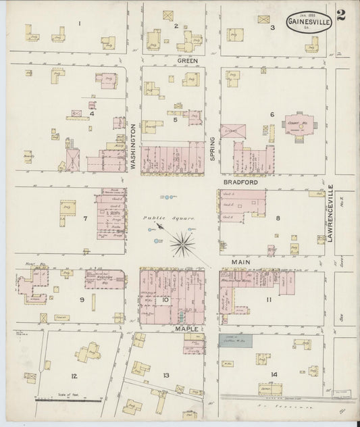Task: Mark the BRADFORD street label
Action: pyautogui.click(x=239, y=181)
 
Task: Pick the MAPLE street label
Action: pyautogui.click(x=186, y=329)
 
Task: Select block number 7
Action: pyautogui.click(x=85, y=219)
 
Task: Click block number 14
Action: pyautogui.click(x=274, y=374)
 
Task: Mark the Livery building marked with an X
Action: pyautogui.click(x=233, y=130)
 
